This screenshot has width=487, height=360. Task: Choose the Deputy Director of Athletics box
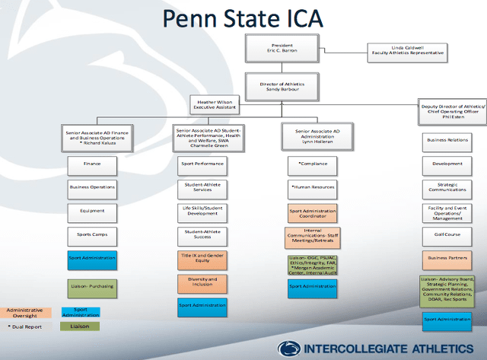point(453,111)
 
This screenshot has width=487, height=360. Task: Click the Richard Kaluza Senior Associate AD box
point(91,138)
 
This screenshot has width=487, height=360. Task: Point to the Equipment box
point(91,211)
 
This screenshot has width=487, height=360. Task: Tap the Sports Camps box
point(91,234)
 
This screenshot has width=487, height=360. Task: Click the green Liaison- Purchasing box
point(91,285)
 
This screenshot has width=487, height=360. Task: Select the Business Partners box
point(447,258)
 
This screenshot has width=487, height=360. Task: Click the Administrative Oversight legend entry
point(24,311)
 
